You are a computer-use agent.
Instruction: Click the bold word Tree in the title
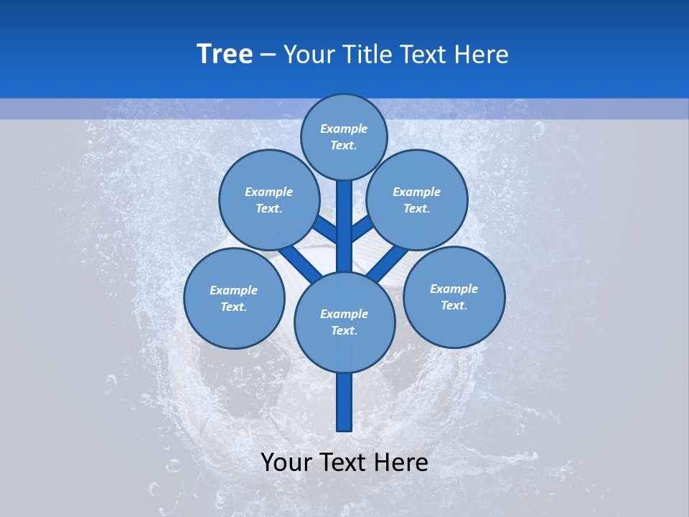pos(225,54)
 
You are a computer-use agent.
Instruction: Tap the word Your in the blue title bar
pos(309,55)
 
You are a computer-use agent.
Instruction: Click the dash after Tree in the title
pos(268,55)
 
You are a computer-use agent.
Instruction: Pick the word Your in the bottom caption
pos(286,462)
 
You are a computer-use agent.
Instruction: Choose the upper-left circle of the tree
pos(268,200)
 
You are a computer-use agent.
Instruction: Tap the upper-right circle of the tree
pos(417,200)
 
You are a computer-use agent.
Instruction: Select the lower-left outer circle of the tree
pos(234,298)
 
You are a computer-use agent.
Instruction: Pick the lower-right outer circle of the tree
pos(454,297)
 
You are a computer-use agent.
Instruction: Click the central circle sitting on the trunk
pos(344,322)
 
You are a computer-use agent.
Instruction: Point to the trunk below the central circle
pos(344,402)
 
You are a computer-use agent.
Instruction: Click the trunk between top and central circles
pos(344,215)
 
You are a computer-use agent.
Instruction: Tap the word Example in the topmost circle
pos(344,129)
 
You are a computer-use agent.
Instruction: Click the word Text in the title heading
pos(423,55)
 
